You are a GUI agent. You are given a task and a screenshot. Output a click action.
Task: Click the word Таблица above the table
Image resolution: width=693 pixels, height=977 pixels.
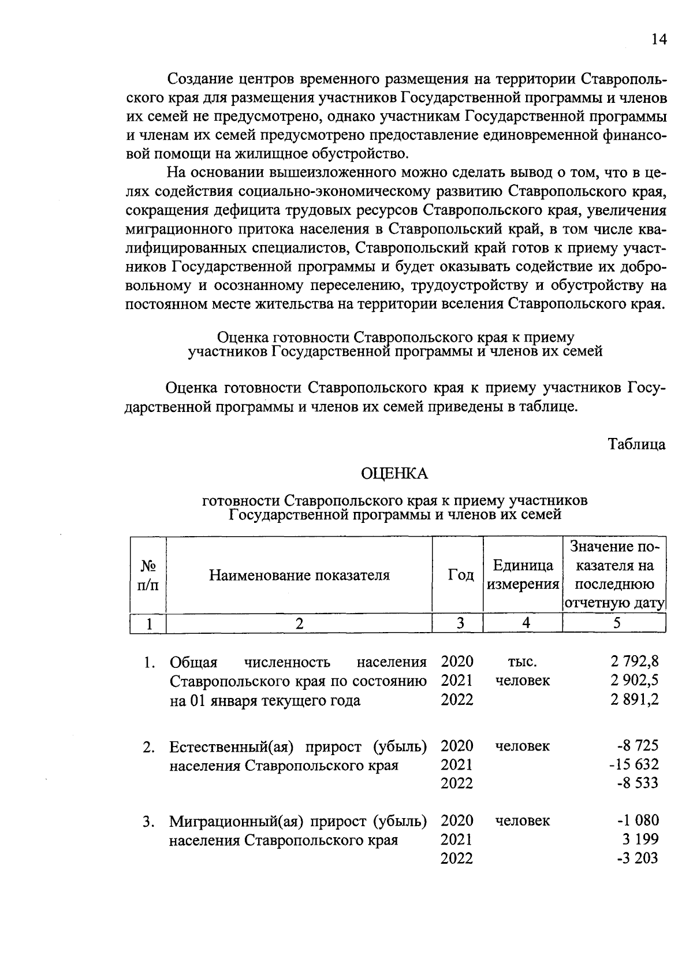pos(636,444)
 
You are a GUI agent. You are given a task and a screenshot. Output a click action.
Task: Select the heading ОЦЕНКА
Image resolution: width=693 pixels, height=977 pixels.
pos(394,474)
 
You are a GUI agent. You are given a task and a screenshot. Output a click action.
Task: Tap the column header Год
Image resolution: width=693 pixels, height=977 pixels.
pos(461,575)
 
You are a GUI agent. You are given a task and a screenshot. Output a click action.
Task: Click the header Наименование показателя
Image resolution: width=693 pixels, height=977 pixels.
pos(299,575)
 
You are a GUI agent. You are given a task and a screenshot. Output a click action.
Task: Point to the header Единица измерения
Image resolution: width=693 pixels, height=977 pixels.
pos(523,575)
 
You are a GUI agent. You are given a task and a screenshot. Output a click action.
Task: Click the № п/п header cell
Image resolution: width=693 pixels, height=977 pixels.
pos(148,575)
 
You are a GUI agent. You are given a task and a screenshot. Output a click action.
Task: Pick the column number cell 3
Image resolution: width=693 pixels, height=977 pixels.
pos(460,623)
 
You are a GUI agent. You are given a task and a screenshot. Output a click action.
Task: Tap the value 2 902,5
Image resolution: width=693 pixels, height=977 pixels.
pos(634,680)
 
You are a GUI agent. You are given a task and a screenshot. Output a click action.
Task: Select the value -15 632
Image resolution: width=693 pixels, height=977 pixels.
pos(633,764)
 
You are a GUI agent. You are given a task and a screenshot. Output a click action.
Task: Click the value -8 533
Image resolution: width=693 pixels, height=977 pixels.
pos(638,783)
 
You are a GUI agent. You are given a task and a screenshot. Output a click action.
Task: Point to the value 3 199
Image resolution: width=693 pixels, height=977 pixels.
pos(642,839)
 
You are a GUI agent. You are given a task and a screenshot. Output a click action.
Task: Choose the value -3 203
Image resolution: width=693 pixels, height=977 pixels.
pos(638,859)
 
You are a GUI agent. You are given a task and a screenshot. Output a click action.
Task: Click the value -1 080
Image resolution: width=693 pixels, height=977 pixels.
pos(638,820)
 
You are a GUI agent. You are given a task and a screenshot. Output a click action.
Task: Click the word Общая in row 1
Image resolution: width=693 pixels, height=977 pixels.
pos(193,662)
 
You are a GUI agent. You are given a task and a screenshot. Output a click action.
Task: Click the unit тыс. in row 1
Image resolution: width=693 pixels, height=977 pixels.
pos(522,662)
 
